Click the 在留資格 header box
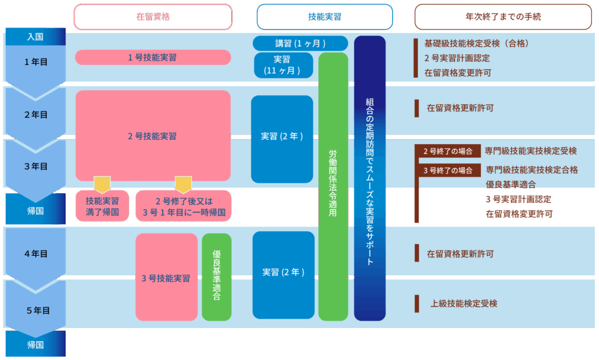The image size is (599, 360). coord(153,17)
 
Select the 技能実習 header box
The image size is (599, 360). coord(325,17)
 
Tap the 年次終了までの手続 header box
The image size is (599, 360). coord(503,17)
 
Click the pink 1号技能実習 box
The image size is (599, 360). coord(153,57)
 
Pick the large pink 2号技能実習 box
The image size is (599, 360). coord(153,136)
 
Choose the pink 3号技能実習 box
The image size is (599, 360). coord(166,277)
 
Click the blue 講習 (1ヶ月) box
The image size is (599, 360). coord(300,43)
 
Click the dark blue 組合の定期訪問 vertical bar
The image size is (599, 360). coord(370,179)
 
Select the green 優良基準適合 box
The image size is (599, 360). coord(216,277)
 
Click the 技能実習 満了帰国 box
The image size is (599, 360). coord(102,205)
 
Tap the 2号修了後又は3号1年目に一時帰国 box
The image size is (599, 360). coord(183,205)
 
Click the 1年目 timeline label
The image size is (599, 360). coord(36,61)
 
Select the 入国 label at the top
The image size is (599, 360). coord(36,36)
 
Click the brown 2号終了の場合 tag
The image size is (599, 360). coord(448,151)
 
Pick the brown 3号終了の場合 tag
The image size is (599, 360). coord(448,171)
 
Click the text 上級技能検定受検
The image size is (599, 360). coord(464,303)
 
